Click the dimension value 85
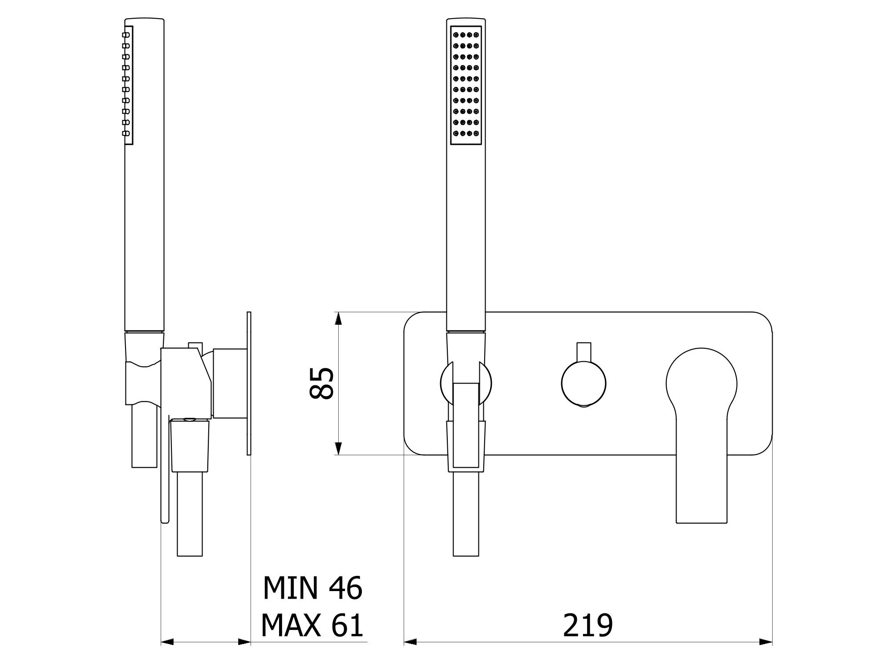click(x=321, y=383)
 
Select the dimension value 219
click(x=587, y=625)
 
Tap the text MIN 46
click(x=313, y=588)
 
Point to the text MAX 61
click(x=312, y=625)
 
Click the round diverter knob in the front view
click(x=583, y=384)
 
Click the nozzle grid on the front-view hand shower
click(x=466, y=85)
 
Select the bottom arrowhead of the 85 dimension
click(x=338, y=449)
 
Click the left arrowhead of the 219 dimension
click(x=410, y=642)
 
